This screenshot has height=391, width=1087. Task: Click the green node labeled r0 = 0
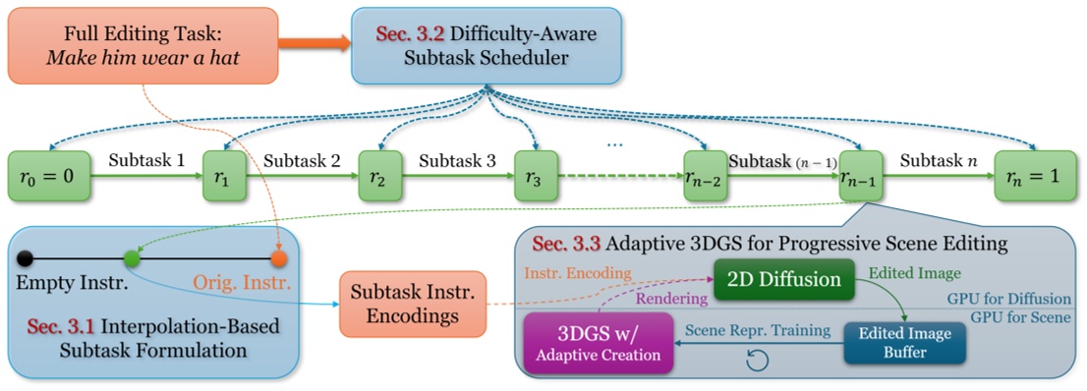49,176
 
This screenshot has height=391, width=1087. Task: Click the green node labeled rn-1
862,176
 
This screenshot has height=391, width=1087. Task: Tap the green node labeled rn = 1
1033,176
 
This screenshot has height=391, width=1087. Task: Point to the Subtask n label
934,158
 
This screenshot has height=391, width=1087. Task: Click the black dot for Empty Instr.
27,259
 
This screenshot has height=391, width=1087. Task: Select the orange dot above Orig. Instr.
279,259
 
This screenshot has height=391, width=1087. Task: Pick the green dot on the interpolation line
131,259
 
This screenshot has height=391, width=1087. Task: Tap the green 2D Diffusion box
778,279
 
